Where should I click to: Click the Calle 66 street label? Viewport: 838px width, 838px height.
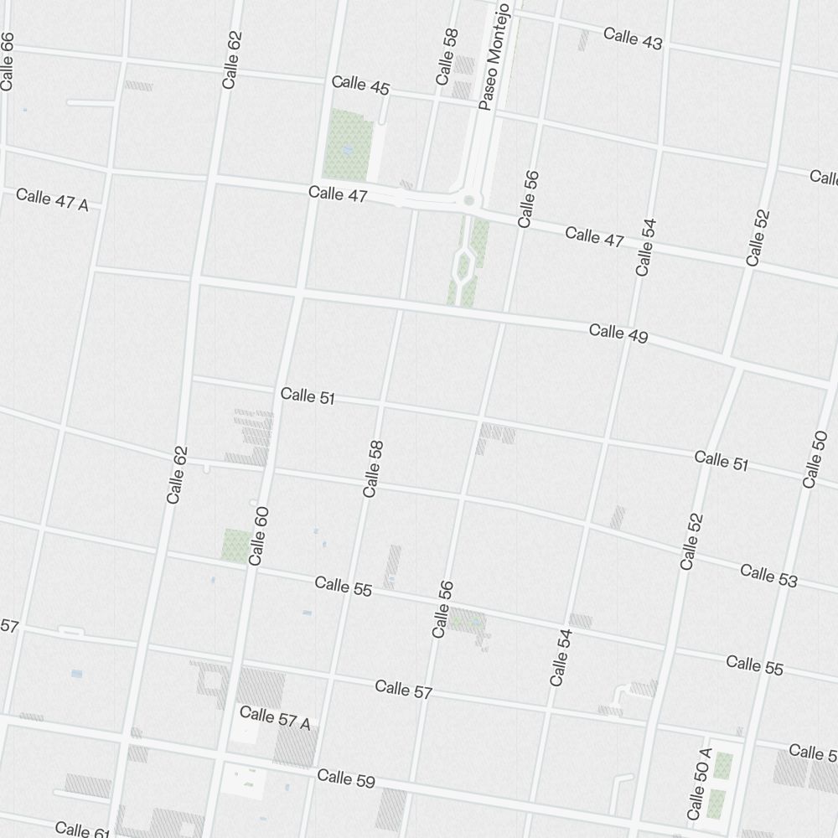(8, 60)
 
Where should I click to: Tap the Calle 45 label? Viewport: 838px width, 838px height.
(360, 85)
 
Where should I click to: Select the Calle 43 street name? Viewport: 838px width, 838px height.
(633, 38)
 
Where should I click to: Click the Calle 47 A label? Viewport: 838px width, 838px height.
(52, 199)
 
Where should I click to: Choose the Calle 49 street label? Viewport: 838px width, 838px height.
(618, 333)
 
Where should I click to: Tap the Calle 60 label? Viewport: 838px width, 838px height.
(258, 535)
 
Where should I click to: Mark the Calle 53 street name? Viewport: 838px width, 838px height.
(768, 576)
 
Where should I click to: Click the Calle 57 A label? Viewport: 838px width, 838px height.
(275, 717)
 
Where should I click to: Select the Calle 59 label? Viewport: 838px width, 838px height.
(346, 779)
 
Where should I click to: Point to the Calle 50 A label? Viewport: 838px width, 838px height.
(699, 784)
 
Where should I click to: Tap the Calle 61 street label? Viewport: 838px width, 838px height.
(82, 830)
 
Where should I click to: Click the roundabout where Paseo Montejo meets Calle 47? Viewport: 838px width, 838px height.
(468, 200)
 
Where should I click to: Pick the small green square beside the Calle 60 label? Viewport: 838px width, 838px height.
(235, 545)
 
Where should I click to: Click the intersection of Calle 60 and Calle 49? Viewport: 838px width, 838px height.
(299, 292)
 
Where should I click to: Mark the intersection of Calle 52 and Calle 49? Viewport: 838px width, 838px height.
(736, 364)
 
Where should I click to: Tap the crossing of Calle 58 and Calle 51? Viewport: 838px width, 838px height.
(381, 406)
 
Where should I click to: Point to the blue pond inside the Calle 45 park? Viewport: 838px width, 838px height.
(346, 151)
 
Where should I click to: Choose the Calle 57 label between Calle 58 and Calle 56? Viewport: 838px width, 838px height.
(404, 690)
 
